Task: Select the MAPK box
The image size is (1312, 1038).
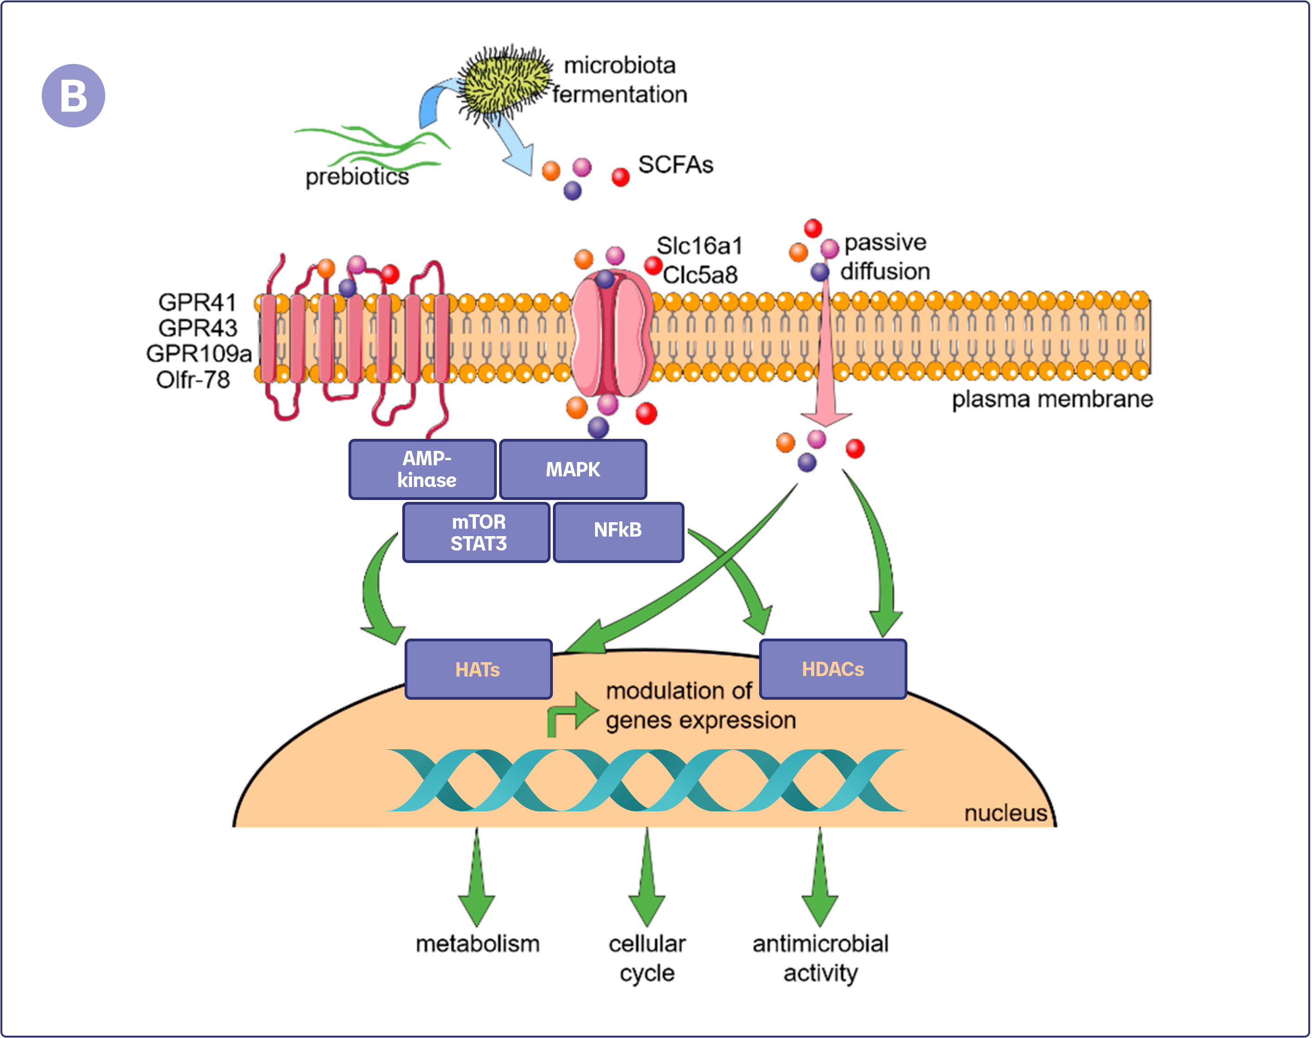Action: pos(572,469)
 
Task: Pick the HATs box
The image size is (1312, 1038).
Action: pos(478,669)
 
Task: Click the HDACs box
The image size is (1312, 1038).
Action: pos(832,669)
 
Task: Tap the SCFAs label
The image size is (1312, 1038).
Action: pos(675,165)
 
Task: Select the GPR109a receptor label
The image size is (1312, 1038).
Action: pos(199,353)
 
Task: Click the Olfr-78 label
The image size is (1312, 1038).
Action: pos(193,380)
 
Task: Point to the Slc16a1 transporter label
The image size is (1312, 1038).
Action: pos(699,246)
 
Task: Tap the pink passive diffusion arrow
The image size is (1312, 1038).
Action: pos(825,365)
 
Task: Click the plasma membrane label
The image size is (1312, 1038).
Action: pos(1052,399)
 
